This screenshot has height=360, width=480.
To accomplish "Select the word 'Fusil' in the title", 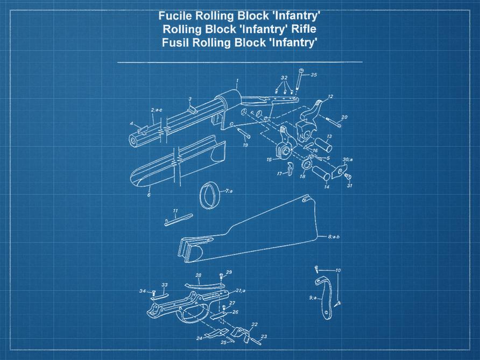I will pyautogui.click(x=175, y=43).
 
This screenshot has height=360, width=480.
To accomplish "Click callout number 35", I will pyautogui.click(x=313, y=75).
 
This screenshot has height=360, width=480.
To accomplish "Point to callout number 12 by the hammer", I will pyautogui.click(x=330, y=97).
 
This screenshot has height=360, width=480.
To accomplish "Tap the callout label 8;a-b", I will pyautogui.click(x=335, y=237).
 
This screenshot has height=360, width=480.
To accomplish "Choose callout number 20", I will pyautogui.click(x=344, y=117).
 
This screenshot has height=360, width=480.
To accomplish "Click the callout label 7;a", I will pyautogui.click(x=229, y=191).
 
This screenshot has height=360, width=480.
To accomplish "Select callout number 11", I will pyautogui.click(x=175, y=210).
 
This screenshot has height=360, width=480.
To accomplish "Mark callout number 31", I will pyautogui.click(x=349, y=186).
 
